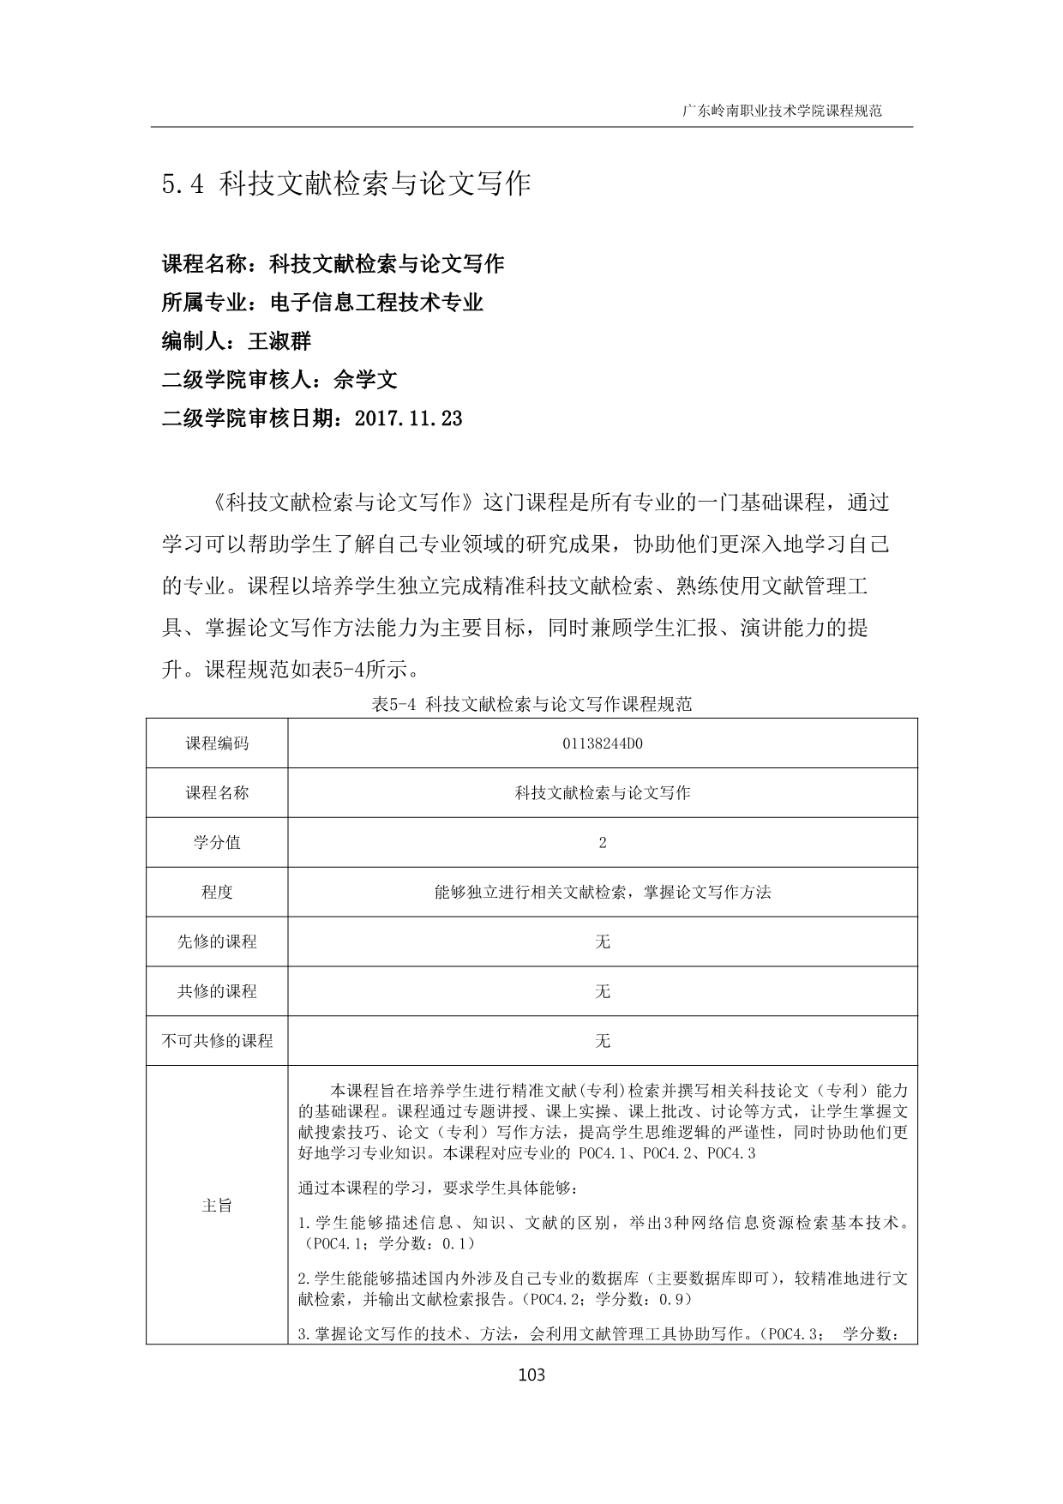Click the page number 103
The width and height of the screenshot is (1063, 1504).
(x=531, y=1375)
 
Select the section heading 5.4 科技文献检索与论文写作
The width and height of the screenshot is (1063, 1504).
(x=346, y=183)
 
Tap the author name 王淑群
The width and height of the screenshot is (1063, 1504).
(x=279, y=341)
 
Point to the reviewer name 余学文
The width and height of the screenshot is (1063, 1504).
(x=365, y=380)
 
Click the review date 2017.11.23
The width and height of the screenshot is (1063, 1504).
(x=407, y=418)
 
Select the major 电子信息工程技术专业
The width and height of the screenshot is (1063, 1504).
(x=376, y=302)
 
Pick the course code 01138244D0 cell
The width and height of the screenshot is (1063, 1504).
(x=603, y=743)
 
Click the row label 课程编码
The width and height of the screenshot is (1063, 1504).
(x=217, y=743)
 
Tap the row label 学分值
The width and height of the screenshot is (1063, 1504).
(x=217, y=842)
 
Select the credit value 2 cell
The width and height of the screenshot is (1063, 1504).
(x=603, y=842)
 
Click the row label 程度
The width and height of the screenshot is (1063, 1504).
(x=217, y=892)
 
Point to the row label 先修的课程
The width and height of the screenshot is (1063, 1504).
(x=217, y=942)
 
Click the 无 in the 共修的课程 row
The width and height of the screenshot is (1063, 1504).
(x=603, y=991)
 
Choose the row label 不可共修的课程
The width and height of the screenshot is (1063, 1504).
(x=217, y=1041)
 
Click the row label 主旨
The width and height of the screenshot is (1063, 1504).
(x=217, y=1205)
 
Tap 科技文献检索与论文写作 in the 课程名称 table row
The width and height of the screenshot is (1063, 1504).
(x=603, y=793)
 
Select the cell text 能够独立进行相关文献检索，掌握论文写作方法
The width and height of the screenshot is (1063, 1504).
(x=603, y=892)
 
